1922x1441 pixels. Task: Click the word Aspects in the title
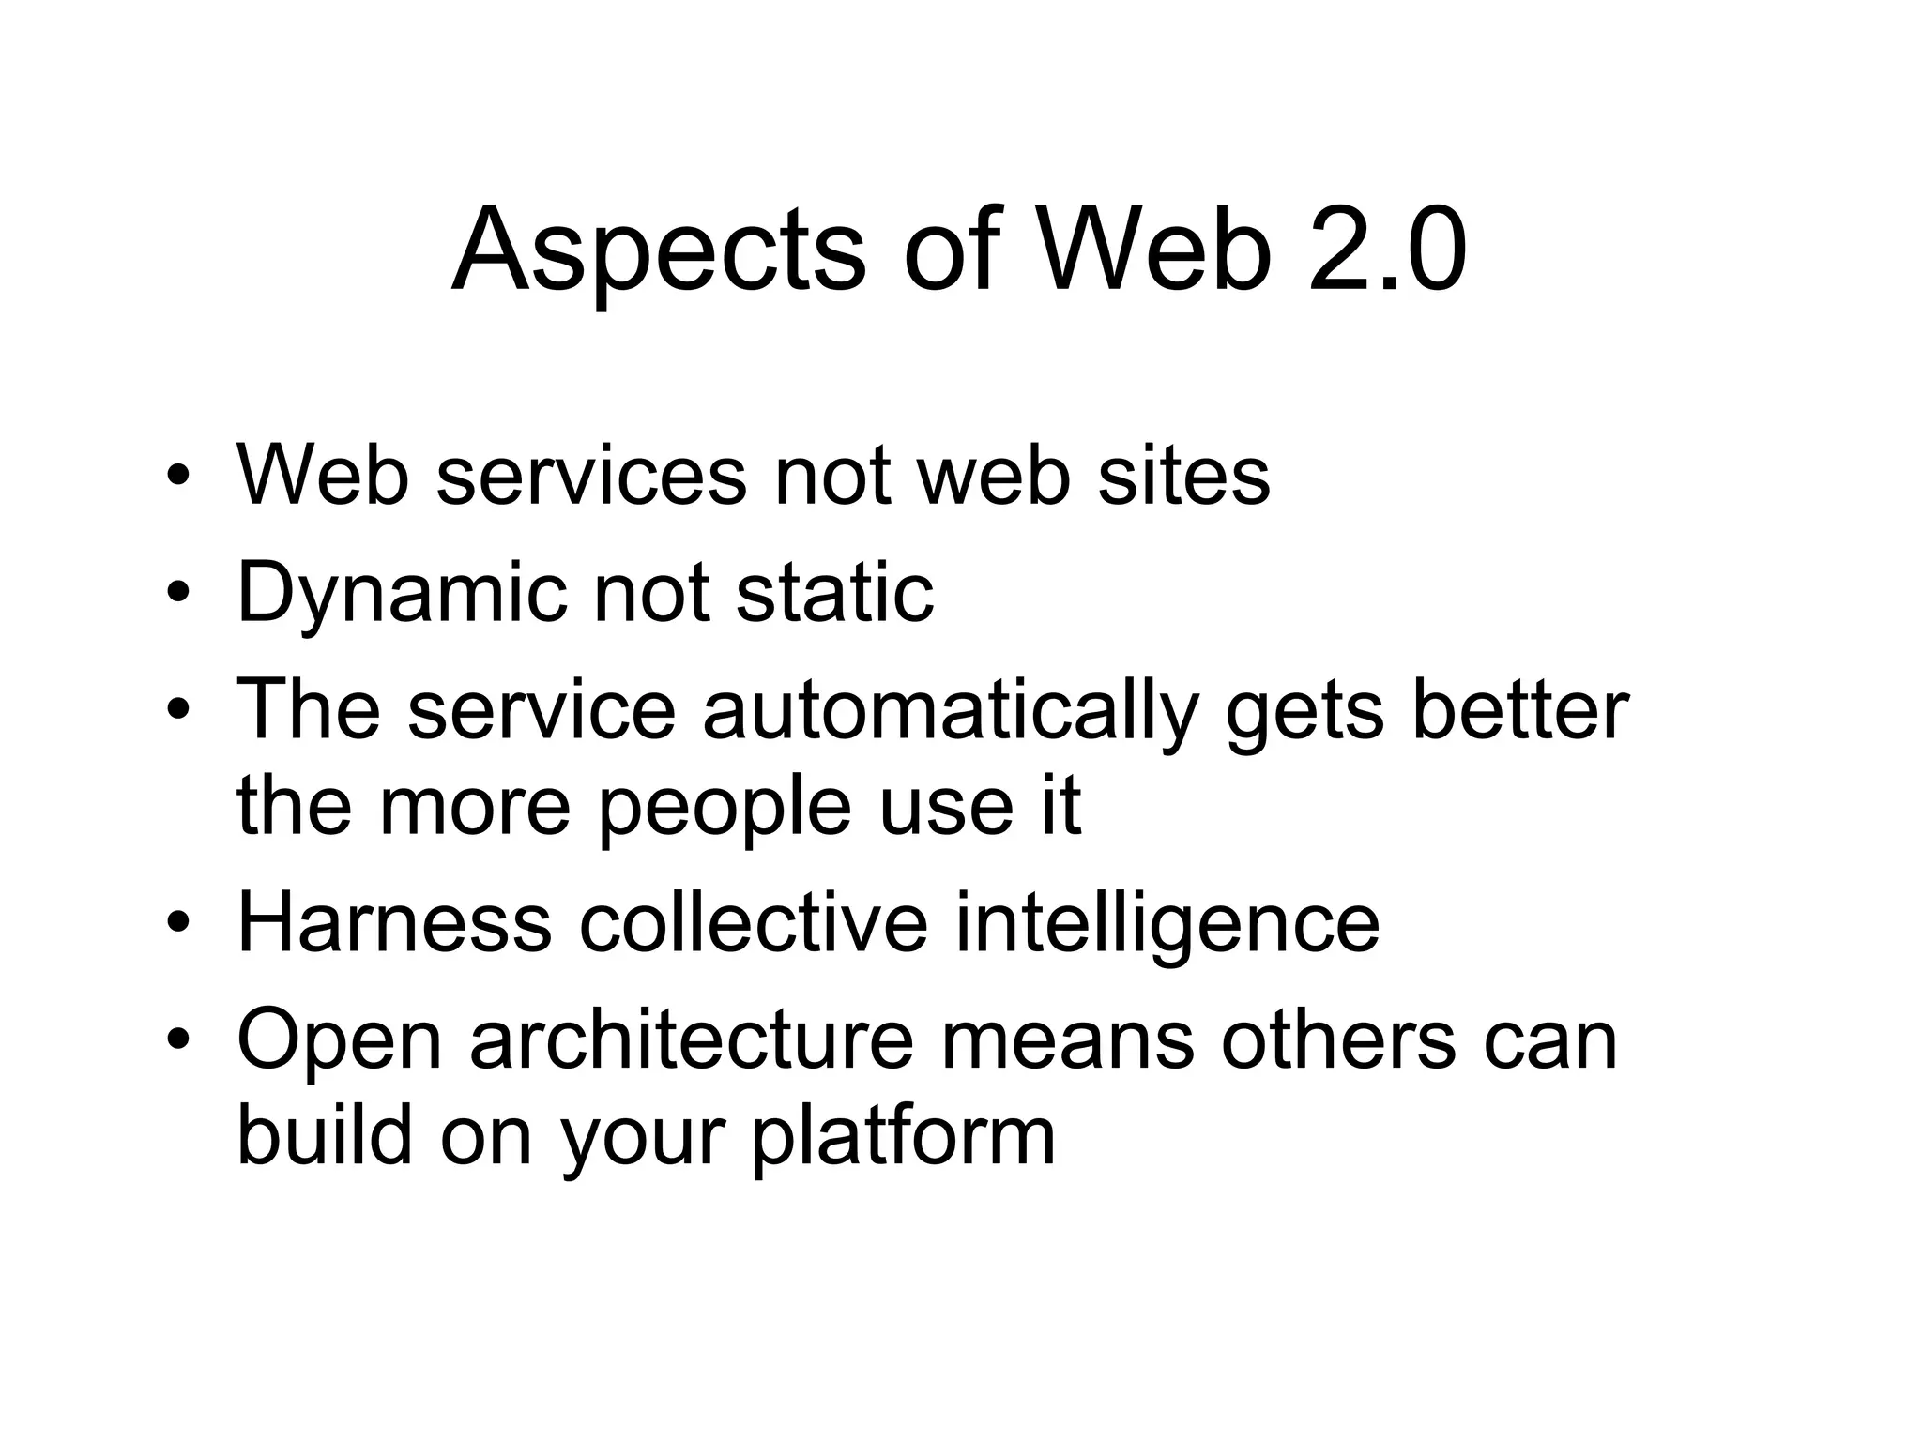click(x=658, y=251)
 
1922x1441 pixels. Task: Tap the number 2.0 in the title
click(x=1387, y=251)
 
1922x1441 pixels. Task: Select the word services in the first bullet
click(x=591, y=475)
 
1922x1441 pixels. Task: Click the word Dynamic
click(x=403, y=593)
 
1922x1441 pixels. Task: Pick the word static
click(x=835, y=593)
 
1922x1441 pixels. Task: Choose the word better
click(x=1520, y=710)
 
